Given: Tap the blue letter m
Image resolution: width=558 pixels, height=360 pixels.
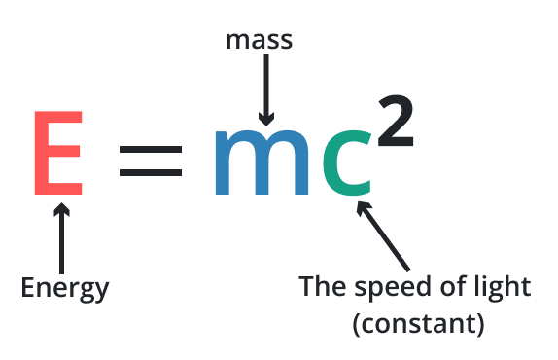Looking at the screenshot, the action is coord(262,157).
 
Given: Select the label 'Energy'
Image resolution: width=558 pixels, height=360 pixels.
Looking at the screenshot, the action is coord(64,288).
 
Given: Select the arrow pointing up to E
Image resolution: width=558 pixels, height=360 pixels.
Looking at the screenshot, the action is coord(62,239).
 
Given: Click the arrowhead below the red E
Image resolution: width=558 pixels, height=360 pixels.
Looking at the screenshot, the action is coord(62,210).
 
